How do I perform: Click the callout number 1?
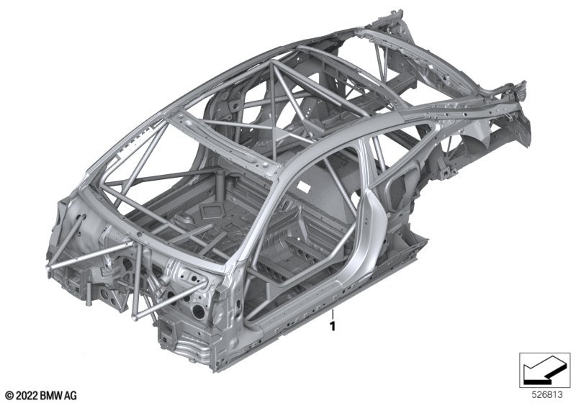tap(333, 326)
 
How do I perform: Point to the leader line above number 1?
tap(333, 314)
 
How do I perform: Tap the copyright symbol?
tap(9, 396)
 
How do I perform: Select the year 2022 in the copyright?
tap(26, 396)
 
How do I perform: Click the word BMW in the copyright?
tap(51, 396)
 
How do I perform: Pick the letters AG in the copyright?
tap(71, 396)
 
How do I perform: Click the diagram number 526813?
tap(547, 395)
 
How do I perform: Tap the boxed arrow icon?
tap(544, 370)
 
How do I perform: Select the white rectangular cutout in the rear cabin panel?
tap(305, 186)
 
